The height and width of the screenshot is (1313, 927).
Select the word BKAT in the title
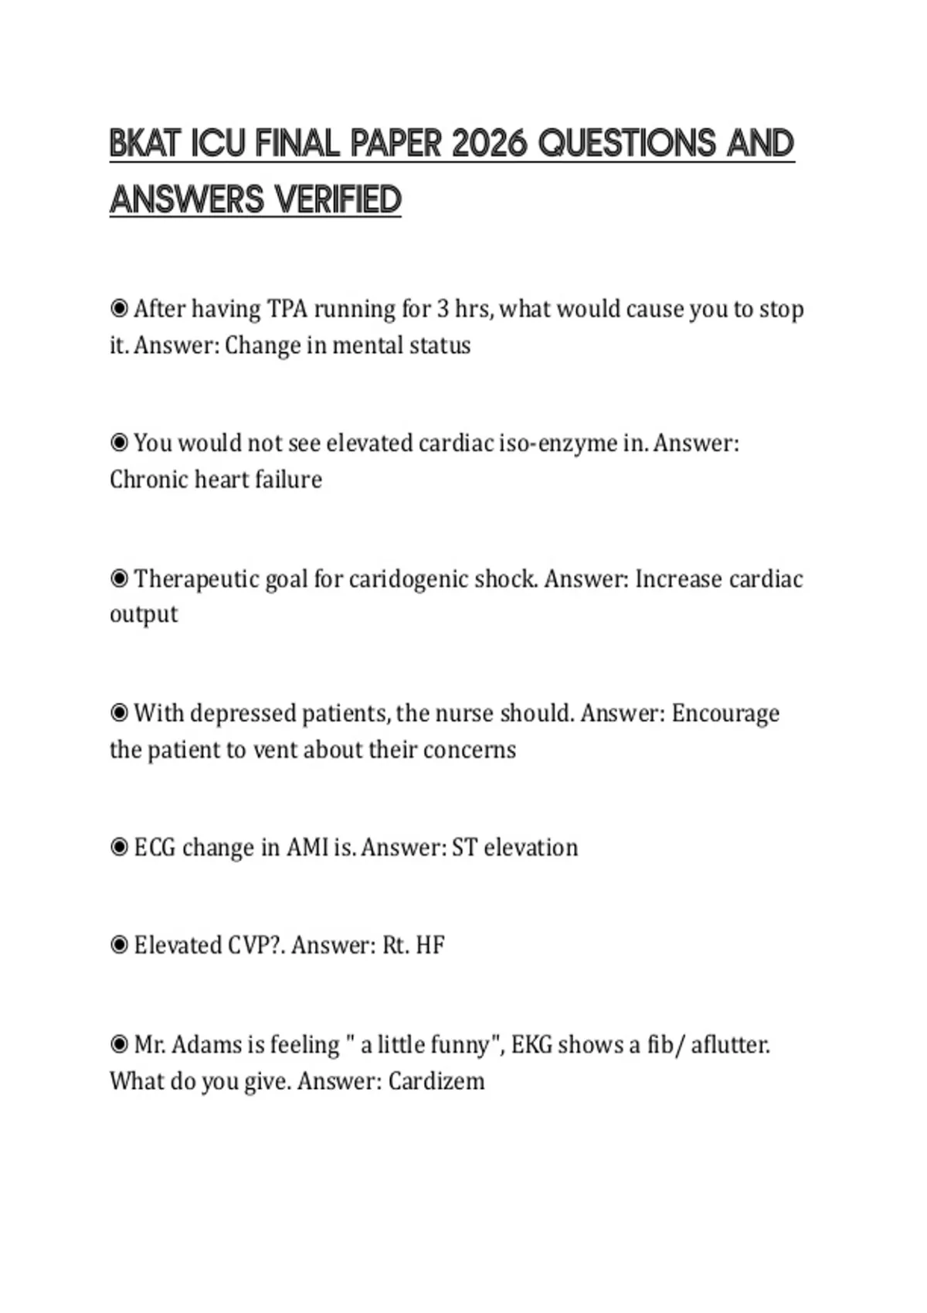[145, 144]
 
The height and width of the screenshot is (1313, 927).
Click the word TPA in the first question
[287, 309]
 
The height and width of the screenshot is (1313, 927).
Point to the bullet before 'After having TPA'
[119, 309]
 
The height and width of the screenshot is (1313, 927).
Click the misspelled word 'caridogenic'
[408, 579]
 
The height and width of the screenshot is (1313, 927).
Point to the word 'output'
[144, 615]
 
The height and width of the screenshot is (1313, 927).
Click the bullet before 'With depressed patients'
[119, 713]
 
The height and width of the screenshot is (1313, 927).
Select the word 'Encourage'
[725, 714]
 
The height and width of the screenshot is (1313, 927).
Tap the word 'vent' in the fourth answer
[275, 750]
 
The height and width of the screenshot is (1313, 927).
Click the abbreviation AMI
[307, 848]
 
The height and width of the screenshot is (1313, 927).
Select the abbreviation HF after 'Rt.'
[430, 945]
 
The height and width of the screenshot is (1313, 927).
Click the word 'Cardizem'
[436, 1081]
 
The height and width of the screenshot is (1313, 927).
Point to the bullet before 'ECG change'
[119, 848]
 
